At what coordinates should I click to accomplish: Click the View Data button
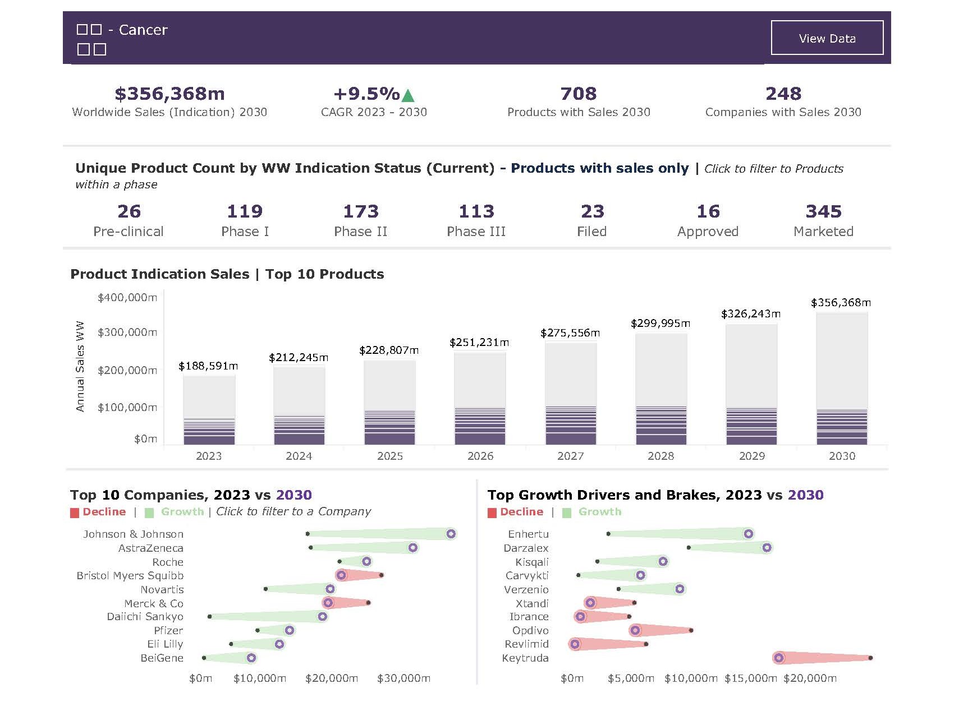[827, 38]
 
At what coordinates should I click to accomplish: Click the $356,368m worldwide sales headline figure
[169, 94]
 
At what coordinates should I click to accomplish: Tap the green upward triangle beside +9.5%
[408, 95]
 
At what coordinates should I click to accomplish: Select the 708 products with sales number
[579, 94]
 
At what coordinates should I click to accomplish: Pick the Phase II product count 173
[361, 211]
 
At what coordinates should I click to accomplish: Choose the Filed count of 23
[592, 211]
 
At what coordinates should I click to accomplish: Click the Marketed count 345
[823, 211]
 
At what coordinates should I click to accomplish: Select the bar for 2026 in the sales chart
[480, 398]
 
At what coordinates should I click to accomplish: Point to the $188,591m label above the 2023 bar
[208, 366]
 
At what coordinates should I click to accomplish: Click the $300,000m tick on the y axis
[127, 333]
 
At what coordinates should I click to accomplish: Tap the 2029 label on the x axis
[751, 456]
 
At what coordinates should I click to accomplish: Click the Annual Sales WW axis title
[80, 366]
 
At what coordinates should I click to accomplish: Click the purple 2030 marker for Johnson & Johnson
[451, 534]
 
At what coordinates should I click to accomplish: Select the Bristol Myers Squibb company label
[130, 576]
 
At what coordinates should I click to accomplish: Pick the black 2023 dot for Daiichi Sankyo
[210, 617]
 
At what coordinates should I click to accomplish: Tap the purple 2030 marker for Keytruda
[778, 658]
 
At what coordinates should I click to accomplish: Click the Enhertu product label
[528, 534]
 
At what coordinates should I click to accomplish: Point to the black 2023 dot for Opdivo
[691, 630]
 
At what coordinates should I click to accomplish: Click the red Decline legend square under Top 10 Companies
[75, 513]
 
